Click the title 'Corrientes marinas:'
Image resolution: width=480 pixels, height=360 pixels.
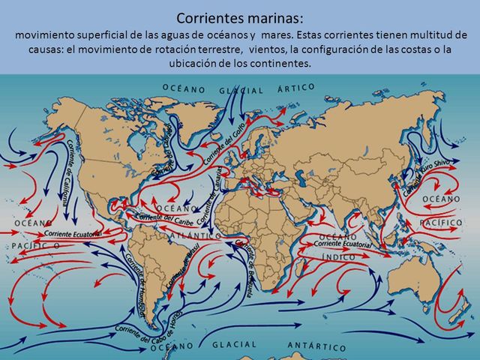[240, 17]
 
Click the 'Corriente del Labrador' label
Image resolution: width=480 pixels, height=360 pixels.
[164, 154]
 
